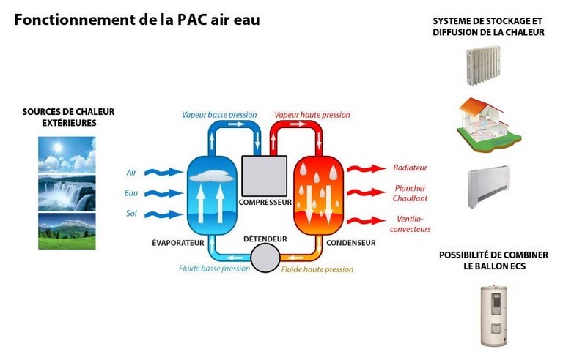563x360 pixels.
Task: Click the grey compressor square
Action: pyautogui.click(x=265, y=176)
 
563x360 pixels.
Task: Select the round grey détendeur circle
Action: pyautogui.click(x=265, y=257)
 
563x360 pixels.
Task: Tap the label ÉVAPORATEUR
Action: pyautogui.click(x=177, y=243)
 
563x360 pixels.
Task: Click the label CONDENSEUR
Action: pyautogui.click(x=350, y=243)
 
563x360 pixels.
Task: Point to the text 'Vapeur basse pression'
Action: pyautogui.click(x=219, y=115)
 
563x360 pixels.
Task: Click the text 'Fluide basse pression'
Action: pyautogui.click(x=214, y=269)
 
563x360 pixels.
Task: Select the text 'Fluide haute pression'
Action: pyautogui.click(x=317, y=269)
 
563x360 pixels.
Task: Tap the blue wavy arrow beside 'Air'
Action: pyautogui.click(x=163, y=173)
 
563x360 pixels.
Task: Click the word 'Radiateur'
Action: pyautogui.click(x=410, y=168)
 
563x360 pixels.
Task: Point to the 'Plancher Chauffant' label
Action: pyautogui.click(x=411, y=193)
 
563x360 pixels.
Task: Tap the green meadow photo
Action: pyautogui.click(x=67, y=231)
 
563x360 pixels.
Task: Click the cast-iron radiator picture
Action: pyautogui.click(x=482, y=64)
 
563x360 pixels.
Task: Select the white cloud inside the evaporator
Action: pyautogui.click(x=213, y=173)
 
